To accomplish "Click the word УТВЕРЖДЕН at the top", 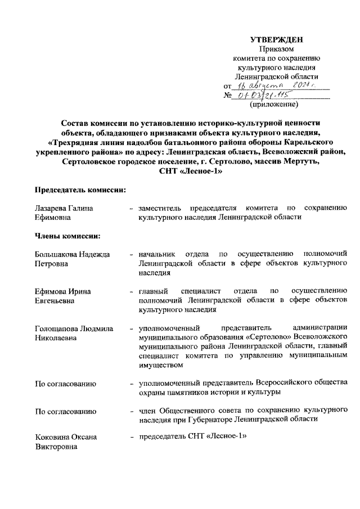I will point(276,39).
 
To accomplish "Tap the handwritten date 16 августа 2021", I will point(276,85).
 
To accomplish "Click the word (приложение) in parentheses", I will point(276,104).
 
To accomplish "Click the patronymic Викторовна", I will point(57,447).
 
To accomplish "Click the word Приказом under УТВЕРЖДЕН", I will point(276,49).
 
